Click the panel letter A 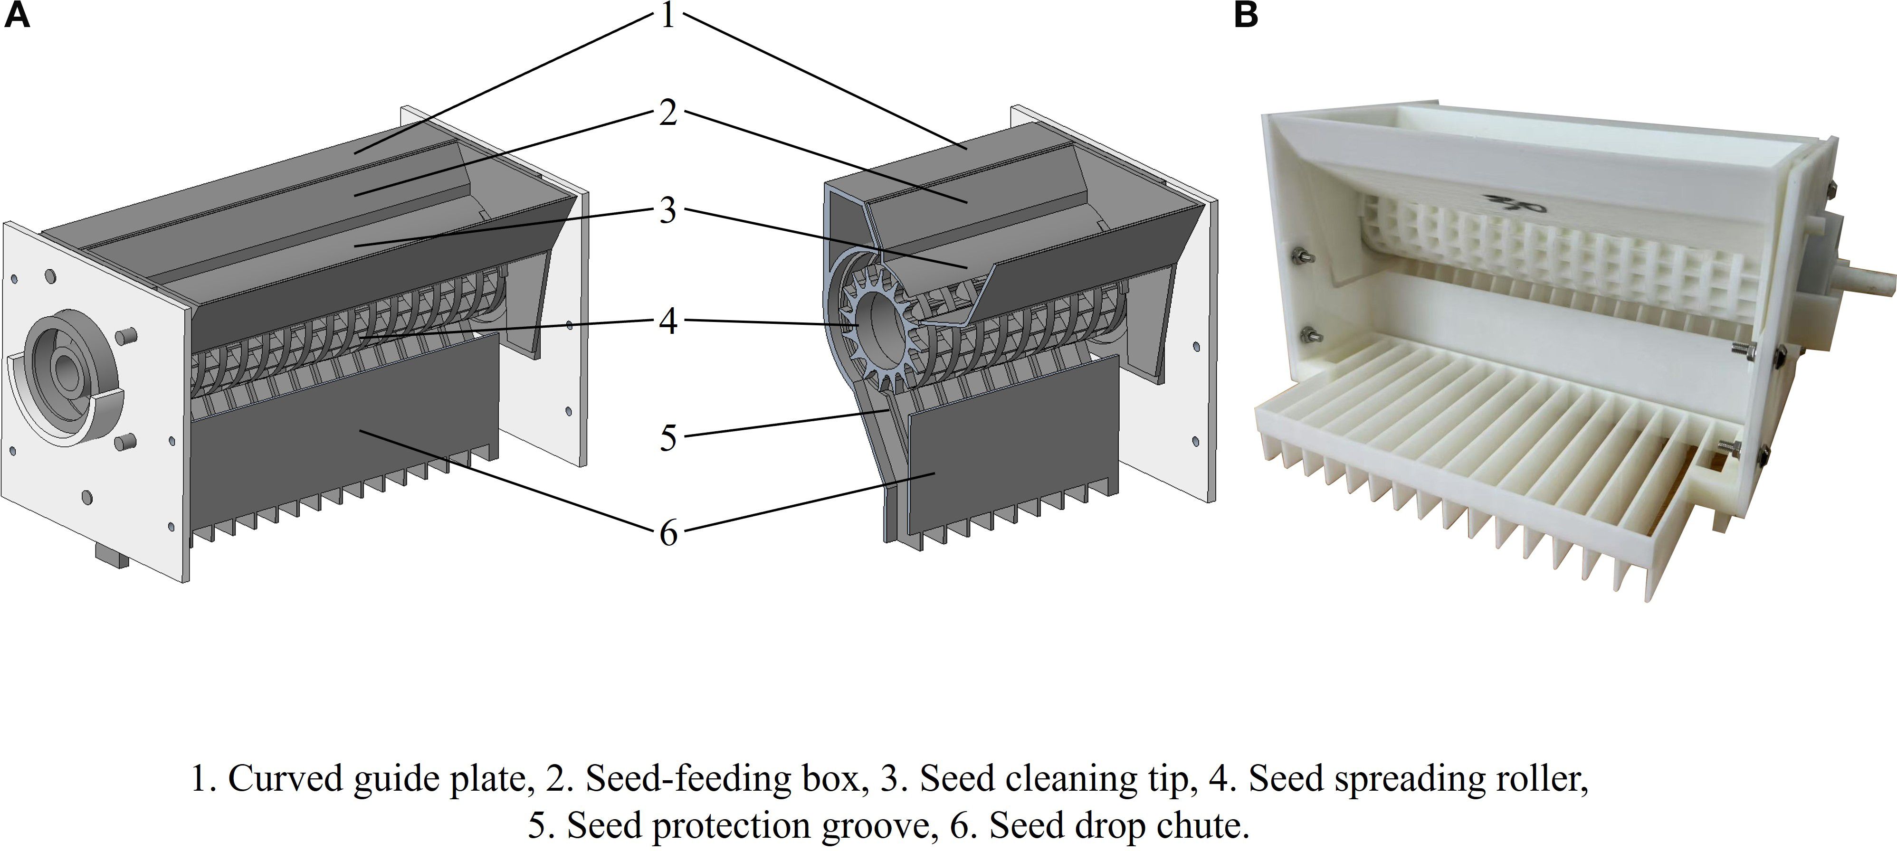[17, 15]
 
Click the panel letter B [1245, 15]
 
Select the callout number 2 [668, 113]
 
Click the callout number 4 [668, 341]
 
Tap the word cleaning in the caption [1060, 779]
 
